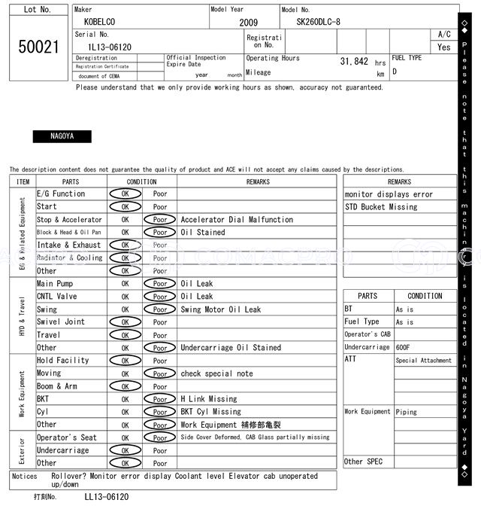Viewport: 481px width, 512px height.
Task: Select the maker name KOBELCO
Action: pos(101,22)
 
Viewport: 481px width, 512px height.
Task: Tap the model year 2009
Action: pos(248,23)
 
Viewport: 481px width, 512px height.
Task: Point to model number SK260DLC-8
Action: pos(318,22)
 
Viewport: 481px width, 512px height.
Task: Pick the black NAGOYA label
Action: pos(62,137)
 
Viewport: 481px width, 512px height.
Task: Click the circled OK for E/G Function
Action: pos(125,194)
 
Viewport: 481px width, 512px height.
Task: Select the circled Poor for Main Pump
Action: pos(160,284)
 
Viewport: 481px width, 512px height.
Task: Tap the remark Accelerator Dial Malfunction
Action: pos(237,220)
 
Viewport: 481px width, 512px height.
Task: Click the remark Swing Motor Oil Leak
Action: pos(221,309)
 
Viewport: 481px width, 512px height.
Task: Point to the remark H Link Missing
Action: pos(208,399)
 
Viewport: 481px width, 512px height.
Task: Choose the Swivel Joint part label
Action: pos(61,322)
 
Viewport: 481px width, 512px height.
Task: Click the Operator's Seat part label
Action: pos(67,437)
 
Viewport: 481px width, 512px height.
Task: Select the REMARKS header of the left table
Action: pos(257,181)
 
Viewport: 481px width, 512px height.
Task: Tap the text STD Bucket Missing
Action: pos(381,207)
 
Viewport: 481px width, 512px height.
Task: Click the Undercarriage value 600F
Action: pos(404,348)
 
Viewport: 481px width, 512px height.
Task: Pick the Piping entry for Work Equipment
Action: pos(407,412)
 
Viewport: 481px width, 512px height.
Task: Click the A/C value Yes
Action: pos(444,47)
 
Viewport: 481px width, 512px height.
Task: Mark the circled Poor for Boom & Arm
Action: pos(160,386)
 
